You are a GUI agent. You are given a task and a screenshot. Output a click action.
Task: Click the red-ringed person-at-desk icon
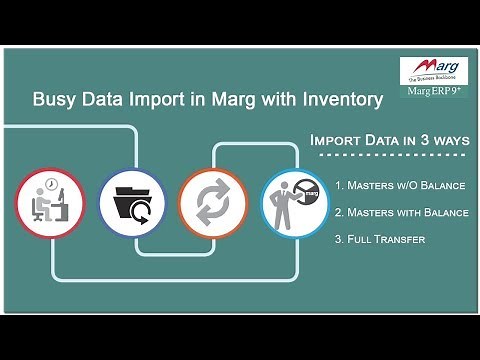[x=49, y=203]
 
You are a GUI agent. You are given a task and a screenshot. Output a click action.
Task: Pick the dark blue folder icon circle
[x=131, y=203]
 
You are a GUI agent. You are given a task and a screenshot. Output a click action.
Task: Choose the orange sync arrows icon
[x=211, y=203]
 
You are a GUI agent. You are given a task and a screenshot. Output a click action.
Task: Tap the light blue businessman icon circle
[x=293, y=203]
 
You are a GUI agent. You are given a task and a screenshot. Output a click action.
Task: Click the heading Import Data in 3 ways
[x=390, y=140]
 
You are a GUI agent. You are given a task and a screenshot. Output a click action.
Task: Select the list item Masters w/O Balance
[x=401, y=185]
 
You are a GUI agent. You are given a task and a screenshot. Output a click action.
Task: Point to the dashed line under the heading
[x=390, y=156]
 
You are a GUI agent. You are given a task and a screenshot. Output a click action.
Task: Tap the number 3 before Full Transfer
[x=339, y=239]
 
